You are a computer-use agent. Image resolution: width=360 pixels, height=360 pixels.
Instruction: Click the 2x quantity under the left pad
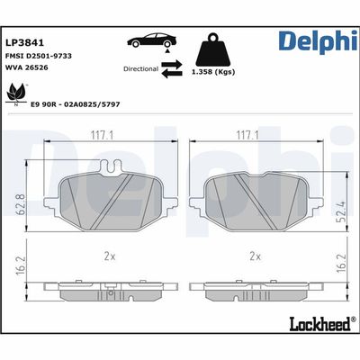[109, 255]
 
